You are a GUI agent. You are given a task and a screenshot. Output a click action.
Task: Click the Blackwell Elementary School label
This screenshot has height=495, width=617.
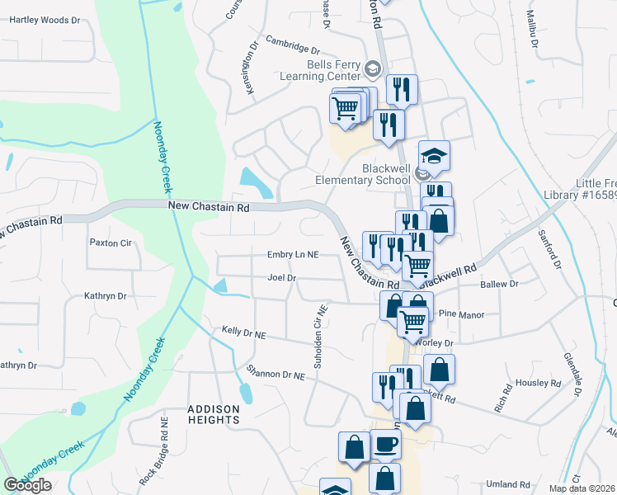(363, 174)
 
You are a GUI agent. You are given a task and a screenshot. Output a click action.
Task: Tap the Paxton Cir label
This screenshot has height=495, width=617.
(111, 243)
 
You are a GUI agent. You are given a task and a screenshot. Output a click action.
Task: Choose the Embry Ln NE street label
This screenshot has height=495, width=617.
(292, 256)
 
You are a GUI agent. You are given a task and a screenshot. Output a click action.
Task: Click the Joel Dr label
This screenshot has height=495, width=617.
(281, 278)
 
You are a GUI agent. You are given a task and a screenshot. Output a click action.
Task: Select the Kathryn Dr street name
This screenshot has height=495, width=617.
(105, 295)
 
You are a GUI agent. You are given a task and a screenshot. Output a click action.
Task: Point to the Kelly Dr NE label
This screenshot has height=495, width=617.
(243, 332)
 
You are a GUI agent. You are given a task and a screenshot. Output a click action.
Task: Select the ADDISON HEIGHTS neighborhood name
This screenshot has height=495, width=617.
(214, 414)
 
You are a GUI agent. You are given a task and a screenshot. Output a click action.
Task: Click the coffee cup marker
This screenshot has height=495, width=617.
(385, 445)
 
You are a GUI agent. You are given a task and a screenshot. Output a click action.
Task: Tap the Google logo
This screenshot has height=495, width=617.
(27, 485)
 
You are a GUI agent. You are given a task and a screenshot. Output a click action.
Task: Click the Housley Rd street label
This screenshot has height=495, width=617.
(539, 383)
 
